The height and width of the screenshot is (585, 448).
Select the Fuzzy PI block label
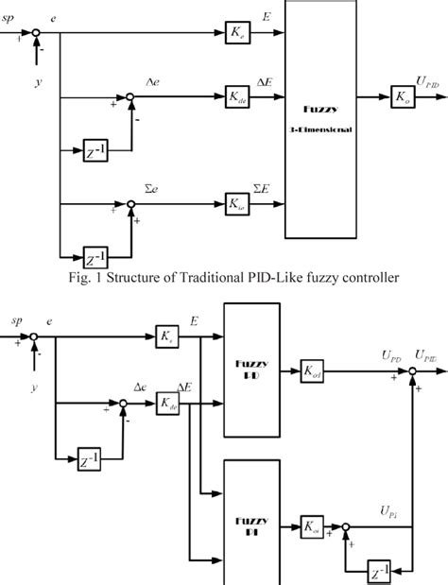[251, 527]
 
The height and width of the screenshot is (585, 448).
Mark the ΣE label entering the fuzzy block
[260, 188]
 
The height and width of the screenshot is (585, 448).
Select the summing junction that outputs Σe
[132, 202]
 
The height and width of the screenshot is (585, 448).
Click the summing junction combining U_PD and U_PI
[413, 372]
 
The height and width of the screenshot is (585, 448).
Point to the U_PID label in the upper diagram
[426, 83]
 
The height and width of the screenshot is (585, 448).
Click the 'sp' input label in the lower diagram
[13, 321]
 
